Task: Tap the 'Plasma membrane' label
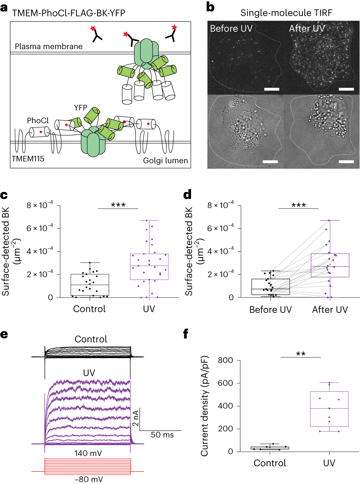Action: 49,47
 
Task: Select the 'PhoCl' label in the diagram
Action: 38,120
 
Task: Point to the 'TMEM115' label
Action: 28,159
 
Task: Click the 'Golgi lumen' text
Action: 165,161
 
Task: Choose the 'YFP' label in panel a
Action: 81,108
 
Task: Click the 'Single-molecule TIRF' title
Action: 286,13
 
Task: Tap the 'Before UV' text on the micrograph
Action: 231,29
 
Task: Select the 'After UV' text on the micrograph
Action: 307,29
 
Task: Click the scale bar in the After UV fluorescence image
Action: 346,89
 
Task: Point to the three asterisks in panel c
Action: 118,205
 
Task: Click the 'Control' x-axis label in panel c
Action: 90,309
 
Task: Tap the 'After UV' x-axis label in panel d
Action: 330,310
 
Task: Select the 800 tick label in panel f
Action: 225,360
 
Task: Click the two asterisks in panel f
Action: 301,354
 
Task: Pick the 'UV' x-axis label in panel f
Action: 329,463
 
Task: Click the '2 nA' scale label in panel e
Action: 136,418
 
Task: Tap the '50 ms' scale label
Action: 162,435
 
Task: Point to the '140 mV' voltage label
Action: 88,453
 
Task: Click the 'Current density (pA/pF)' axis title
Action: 204,406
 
